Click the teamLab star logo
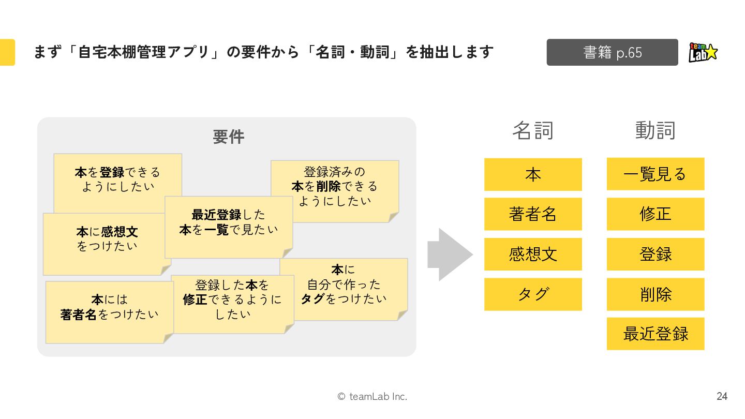point(703,52)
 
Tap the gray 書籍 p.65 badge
point(612,52)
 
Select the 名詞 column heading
point(533,130)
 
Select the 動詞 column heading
point(655,130)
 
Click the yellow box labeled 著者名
point(533,214)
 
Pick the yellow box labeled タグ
point(533,294)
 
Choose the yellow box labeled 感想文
point(533,254)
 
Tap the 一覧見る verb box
point(655,174)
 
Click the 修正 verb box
point(655,214)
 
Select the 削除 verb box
point(655,294)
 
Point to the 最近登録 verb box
point(655,334)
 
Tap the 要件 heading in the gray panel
point(228,137)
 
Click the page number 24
point(722,397)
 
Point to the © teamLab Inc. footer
point(372,397)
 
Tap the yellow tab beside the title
point(7,52)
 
